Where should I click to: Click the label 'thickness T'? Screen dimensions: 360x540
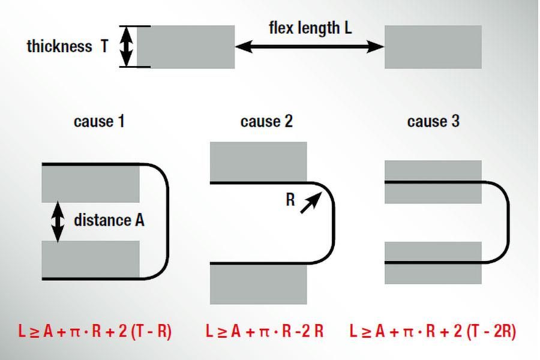click(x=67, y=47)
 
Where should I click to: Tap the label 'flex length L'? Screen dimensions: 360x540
click(x=310, y=28)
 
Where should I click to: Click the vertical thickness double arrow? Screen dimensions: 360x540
click(x=127, y=47)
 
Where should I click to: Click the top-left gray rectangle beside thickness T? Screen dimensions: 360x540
click(x=185, y=47)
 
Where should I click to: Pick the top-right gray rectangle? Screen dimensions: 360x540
click(x=433, y=47)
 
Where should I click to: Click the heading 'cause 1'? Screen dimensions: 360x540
click(x=99, y=121)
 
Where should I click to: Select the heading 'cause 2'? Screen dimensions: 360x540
click(x=266, y=121)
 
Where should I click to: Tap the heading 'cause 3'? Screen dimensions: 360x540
click(x=433, y=121)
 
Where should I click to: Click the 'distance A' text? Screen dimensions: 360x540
click(x=109, y=220)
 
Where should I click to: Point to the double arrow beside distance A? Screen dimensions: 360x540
click(x=58, y=221)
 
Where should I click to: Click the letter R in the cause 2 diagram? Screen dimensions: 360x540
click(x=290, y=200)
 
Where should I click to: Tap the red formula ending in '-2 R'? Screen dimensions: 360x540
click(x=265, y=331)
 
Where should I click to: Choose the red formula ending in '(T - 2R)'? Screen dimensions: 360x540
click(x=433, y=331)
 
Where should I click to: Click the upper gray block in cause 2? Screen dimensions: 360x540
click(x=258, y=161)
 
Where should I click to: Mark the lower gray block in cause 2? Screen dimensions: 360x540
click(x=258, y=283)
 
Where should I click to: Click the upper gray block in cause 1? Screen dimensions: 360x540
click(x=90, y=183)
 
